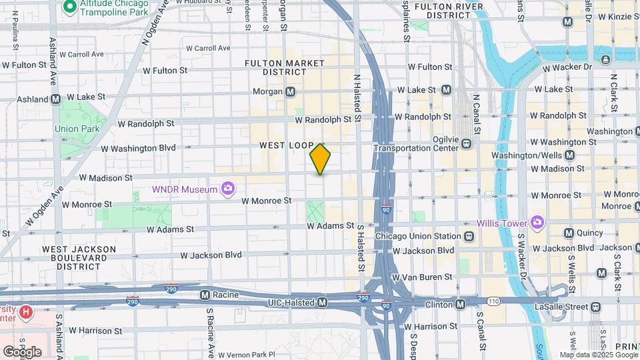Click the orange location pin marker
[321, 159]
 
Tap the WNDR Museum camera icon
[228, 189]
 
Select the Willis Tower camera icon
[537, 223]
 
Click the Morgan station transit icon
[291, 91]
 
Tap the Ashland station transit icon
[56, 98]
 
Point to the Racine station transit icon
[205, 294]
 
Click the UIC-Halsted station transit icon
[323, 303]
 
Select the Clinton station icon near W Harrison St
[460, 305]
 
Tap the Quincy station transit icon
[569, 233]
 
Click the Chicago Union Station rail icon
[469, 236]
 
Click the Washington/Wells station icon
[569, 155]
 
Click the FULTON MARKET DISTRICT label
[284, 67]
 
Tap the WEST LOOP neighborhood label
[286, 145]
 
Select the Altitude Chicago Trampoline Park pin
[69, 7]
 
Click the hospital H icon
[25, 311]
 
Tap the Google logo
[22, 351]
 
